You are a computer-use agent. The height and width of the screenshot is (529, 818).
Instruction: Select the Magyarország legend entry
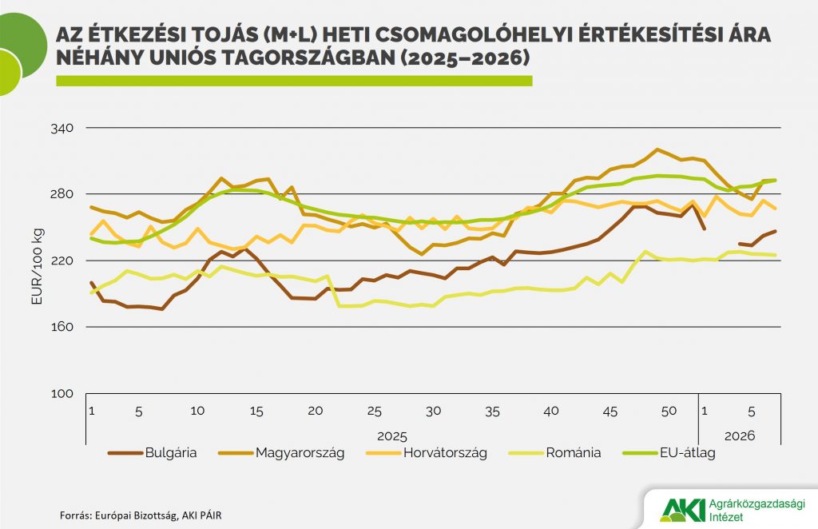pyautogui.click(x=300, y=453)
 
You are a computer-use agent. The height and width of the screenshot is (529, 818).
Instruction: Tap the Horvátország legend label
pyautogui.click(x=444, y=453)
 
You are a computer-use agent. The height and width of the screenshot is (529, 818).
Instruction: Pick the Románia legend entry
pyautogui.click(x=573, y=453)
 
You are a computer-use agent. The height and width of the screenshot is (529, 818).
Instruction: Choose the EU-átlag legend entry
pyautogui.click(x=687, y=453)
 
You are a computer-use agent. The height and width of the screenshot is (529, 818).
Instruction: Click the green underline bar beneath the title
pyautogui.click(x=293, y=82)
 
